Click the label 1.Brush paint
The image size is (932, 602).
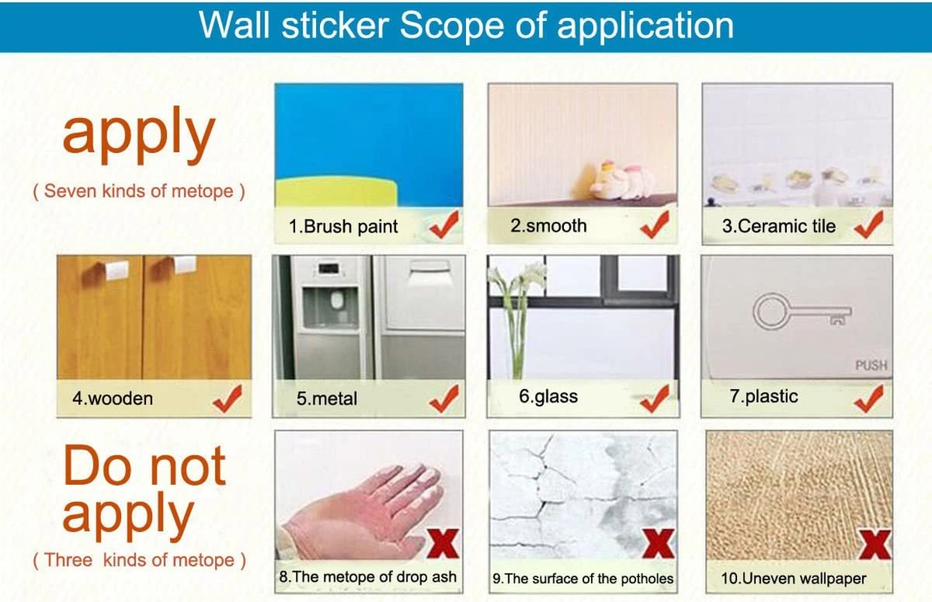(343, 227)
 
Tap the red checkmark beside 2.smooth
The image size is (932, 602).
(655, 224)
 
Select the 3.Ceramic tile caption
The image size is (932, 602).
(779, 227)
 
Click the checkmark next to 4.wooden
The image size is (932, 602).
(227, 398)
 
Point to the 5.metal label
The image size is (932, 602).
(327, 399)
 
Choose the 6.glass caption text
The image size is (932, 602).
(548, 397)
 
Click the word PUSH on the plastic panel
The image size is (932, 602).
(871, 365)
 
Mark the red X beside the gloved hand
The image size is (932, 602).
(443, 541)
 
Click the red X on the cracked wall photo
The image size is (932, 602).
(658, 541)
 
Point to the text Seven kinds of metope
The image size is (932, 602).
(138, 192)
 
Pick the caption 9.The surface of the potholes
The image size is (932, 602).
(583, 579)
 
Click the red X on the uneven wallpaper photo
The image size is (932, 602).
(875, 541)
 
